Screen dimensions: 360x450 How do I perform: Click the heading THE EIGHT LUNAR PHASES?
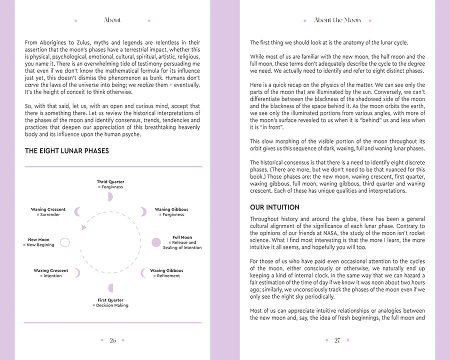pos(67,150)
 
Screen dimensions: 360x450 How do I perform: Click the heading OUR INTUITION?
pos(274,207)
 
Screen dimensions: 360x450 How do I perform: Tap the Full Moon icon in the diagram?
pos(156,242)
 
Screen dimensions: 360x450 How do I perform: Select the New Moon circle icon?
pos(64,242)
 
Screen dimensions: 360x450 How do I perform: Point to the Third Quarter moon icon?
pos(110,196)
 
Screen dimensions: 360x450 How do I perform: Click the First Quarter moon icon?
pos(110,288)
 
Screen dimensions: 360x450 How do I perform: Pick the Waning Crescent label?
pos(48,209)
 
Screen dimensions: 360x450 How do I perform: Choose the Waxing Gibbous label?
pos(166,270)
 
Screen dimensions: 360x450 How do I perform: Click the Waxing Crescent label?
pos(51,270)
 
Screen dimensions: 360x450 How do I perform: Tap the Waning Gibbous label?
pos(171,209)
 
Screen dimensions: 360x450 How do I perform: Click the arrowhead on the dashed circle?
pos(84,227)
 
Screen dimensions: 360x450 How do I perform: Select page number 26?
pos(112,340)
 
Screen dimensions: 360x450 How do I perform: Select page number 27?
pos(337,340)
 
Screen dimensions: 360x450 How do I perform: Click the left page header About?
pos(112,20)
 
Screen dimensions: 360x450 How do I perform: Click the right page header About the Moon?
pos(337,20)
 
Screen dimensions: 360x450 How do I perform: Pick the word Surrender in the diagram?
pos(49,214)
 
